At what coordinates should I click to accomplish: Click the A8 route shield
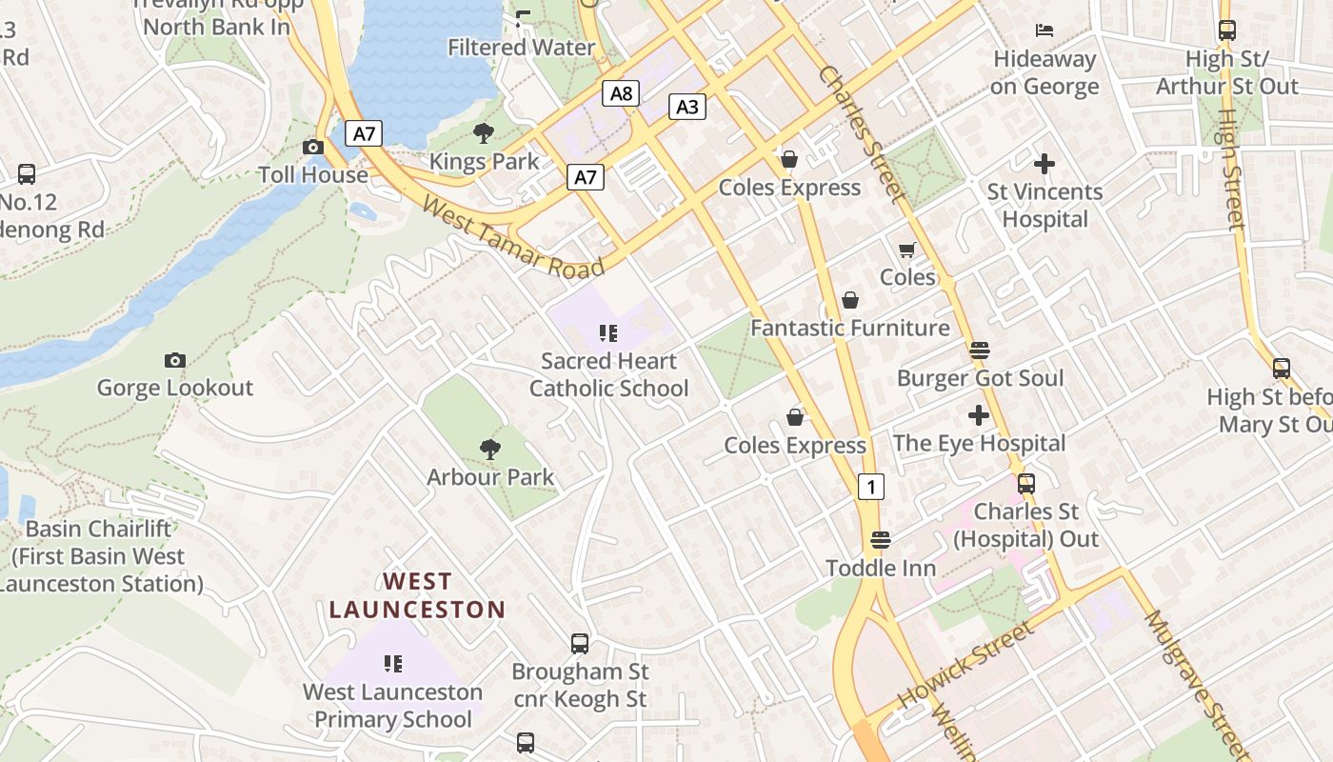(x=621, y=93)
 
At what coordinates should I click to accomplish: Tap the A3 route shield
(x=687, y=107)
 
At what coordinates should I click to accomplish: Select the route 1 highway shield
(x=870, y=487)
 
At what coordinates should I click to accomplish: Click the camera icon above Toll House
(x=312, y=147)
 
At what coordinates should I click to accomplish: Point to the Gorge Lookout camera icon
(x=174, y=360)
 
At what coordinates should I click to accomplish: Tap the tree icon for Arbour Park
(x=490, y=449)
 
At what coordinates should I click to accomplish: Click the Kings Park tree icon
(x=484, y=133)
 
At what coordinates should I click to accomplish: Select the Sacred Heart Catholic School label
(x=608, y=374)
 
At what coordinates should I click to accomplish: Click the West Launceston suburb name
(x=417, y=595)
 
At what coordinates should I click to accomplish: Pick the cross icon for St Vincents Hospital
(x=1045, y=164)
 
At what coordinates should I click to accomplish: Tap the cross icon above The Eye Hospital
(x=978, y=415)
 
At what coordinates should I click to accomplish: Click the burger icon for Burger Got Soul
(x=979, y=351)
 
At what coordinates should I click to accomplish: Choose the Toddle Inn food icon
(x=881, y=540)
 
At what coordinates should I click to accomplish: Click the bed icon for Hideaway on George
(x=1045, y=30)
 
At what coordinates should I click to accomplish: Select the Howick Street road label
(x=965, y=665)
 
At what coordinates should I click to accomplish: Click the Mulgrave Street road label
(x=1197, y=678)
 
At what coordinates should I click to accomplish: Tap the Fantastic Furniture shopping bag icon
(x=850, y=300)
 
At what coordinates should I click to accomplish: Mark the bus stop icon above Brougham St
(x=580, y=644)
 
